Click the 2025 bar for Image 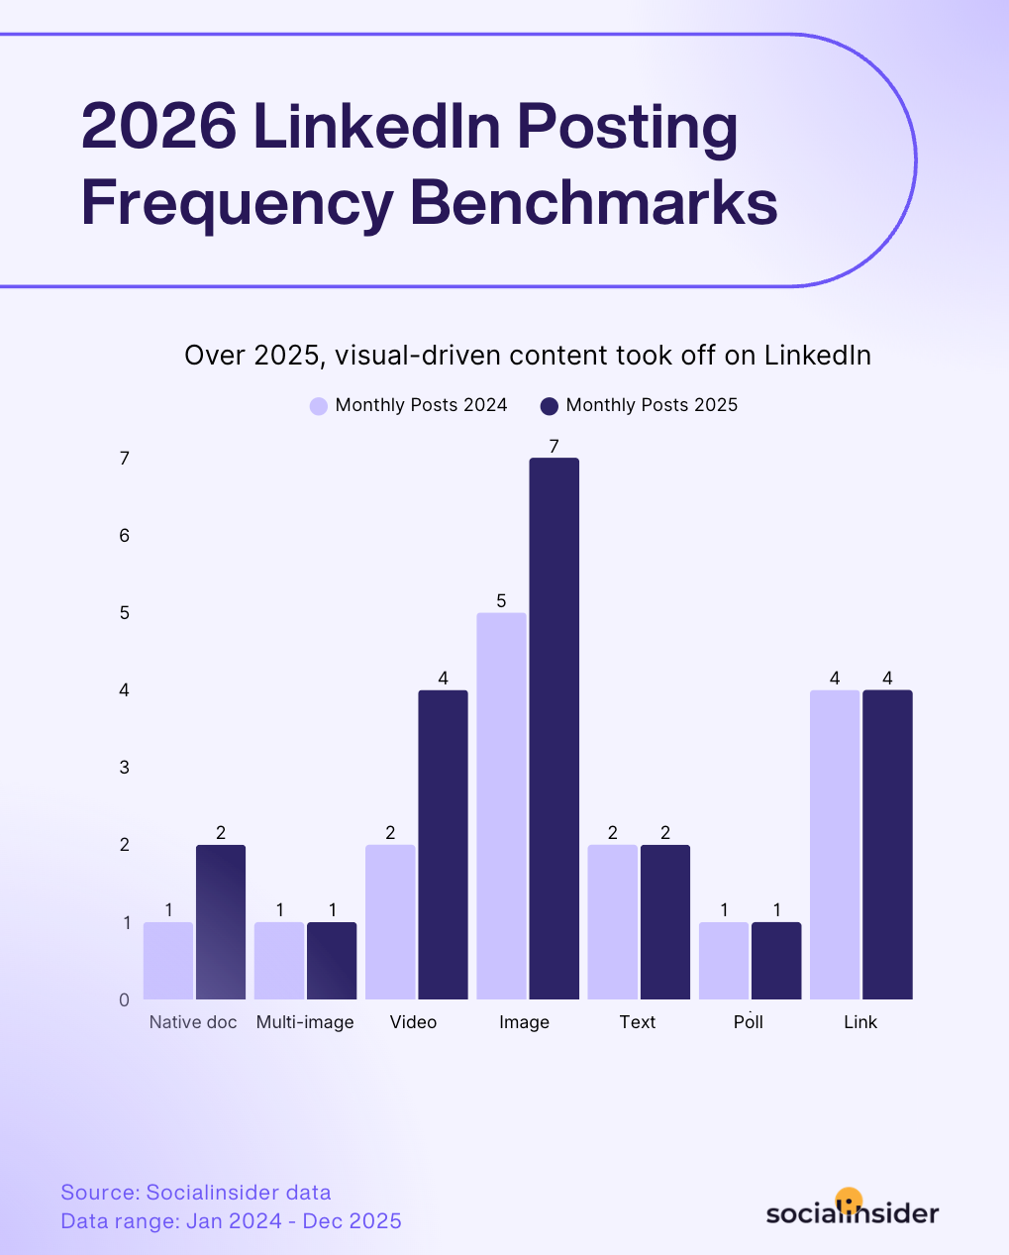tap(554, 728)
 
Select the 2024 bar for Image tap(501, 805)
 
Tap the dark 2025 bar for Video tap(443, 844)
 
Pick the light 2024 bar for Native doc tap(168, 960)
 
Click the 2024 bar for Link tap(835, 844)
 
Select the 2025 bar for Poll tap(776, 960)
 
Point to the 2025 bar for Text tap(665, 921)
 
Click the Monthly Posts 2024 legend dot tap(319, 406)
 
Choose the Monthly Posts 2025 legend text tap(652, 405)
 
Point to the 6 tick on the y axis tap(125, 536)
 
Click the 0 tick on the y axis tap(125, 999)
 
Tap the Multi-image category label tap(305, 1022)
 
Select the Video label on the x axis tap(413, 1022)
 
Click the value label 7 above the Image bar tap(554, 446)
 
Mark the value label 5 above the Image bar tap(501, 601)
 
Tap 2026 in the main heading tap(158, 127)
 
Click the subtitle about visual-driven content tap(528, 356)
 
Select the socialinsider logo tap(852, 1210)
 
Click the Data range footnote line tap(231, 1220)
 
